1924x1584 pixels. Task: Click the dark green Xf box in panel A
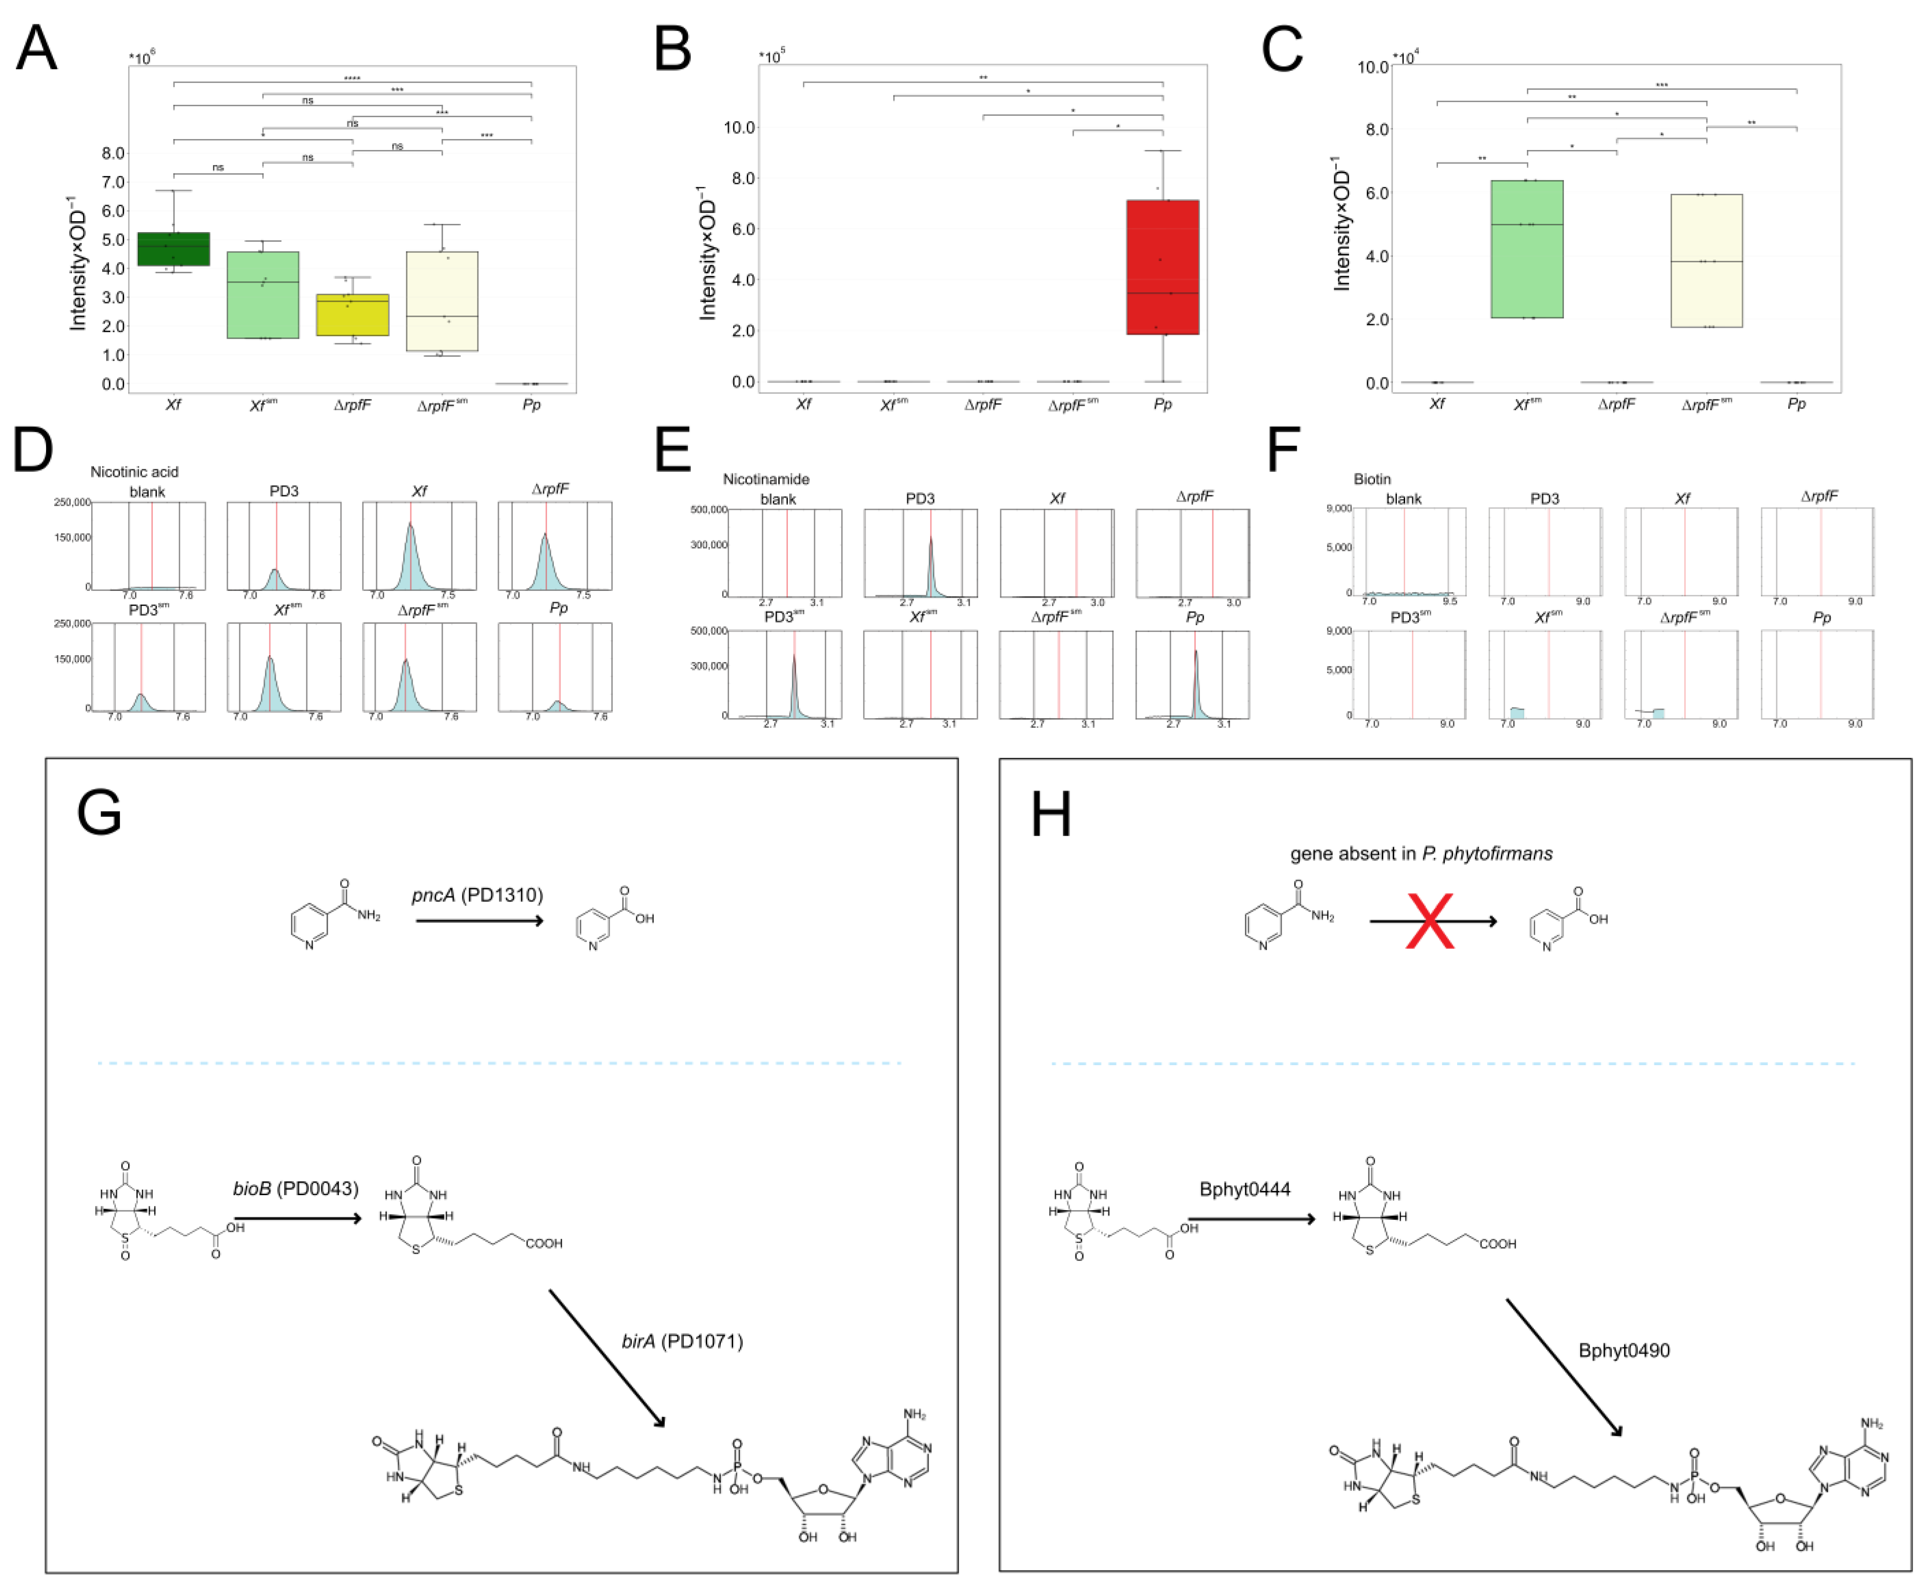173,249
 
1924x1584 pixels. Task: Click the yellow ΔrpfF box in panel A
352,315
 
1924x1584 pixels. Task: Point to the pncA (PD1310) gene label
477,895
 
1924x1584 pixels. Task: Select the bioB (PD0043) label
295,1188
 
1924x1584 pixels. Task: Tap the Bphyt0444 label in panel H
1244,1189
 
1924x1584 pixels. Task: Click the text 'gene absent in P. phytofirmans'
1420,853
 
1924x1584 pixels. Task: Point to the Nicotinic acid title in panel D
134,472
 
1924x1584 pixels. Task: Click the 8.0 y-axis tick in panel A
113,153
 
